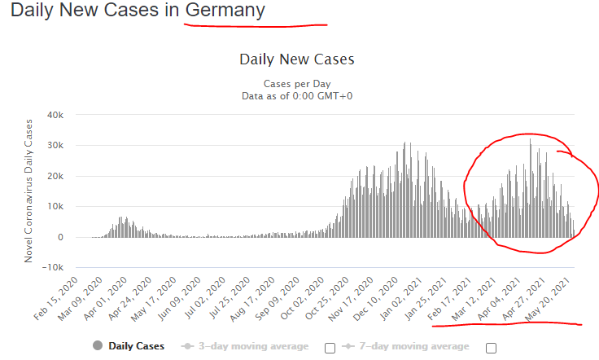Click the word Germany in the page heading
click(225, 11)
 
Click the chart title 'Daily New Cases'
click(297, 59)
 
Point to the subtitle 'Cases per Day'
click(297, 84)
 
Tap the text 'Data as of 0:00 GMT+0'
click(297, 96)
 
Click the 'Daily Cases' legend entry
click(136, 346)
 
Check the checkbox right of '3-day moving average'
click(330, 348)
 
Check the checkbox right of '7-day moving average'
click(491, 348)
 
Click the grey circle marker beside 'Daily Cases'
click(98, 346)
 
